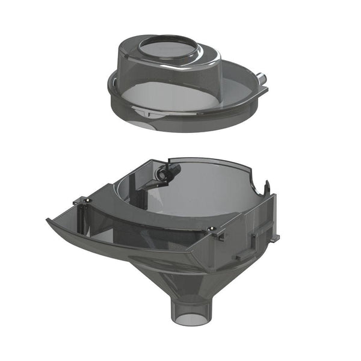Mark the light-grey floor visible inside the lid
(180, 96)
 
